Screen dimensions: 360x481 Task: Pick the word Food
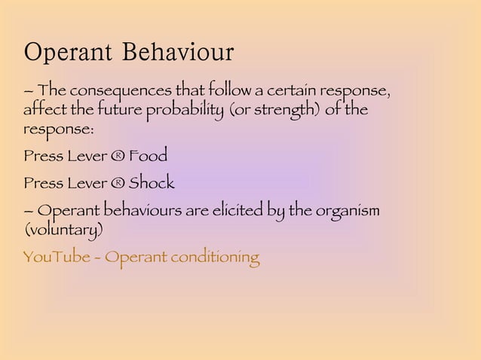(x=148, y=157)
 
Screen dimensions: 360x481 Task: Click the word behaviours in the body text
(x=151, y=209)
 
